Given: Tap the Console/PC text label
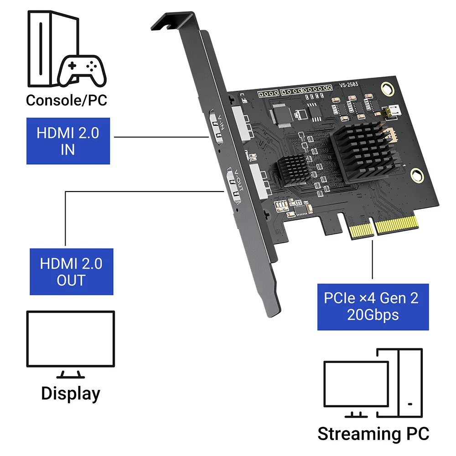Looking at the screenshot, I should (x=67, y=100).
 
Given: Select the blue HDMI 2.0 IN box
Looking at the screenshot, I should (x=68, y=141).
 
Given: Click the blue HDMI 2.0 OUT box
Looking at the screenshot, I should (x=72, y=271).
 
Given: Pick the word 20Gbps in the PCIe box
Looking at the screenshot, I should (x=373, y=315).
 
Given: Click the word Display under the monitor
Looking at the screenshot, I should (x=70, y=393).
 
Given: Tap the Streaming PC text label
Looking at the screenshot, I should (x=373, y=433).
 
